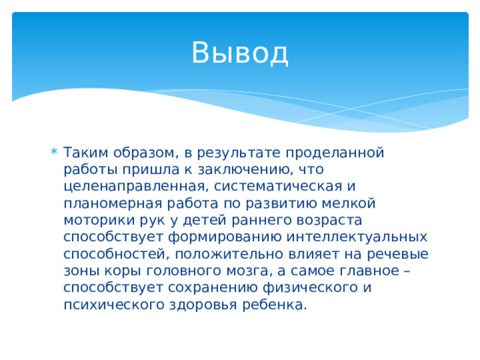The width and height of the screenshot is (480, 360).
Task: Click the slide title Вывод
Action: click(239, 52)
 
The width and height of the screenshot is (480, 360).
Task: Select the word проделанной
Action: click(340, 153)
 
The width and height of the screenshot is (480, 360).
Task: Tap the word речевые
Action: click(395, 253)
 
